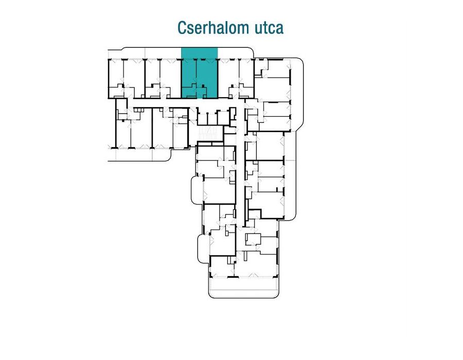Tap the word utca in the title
tap(266, 28)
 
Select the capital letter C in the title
tap(182, 28)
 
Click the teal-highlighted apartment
tap(200, 75)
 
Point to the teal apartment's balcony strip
tap(200, 53)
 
